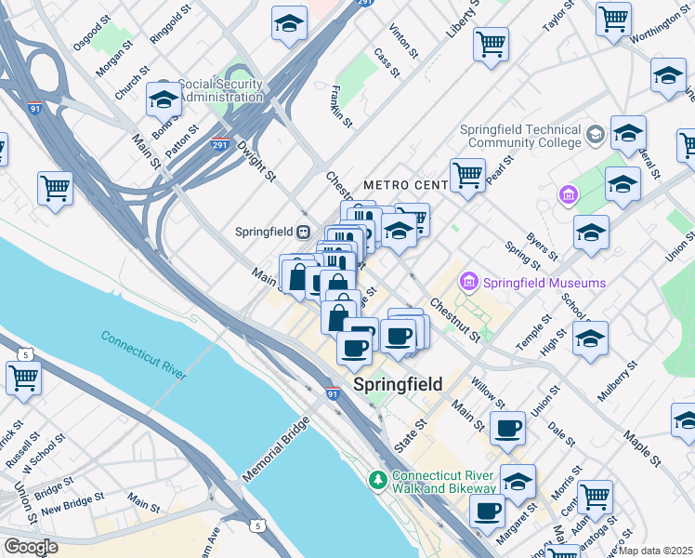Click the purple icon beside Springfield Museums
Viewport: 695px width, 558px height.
(469, 281)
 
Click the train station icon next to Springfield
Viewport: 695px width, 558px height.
(302, 232)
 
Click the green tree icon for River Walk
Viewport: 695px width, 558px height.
(377, 480)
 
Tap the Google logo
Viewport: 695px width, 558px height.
(31, 546)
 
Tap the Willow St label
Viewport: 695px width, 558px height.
(487, 393)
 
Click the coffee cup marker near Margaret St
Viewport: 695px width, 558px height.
(487, 511)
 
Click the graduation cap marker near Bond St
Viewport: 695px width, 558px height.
(164, 100)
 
